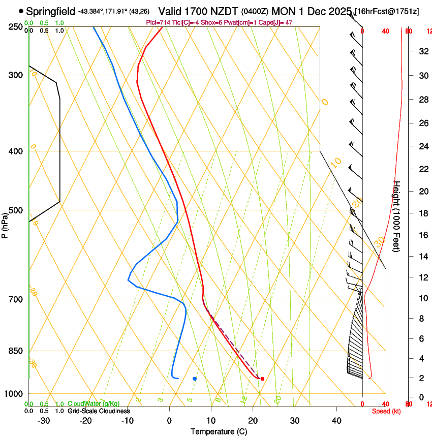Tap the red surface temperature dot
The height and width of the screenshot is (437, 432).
point(262,379)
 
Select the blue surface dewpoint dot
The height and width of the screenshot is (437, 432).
point(195,379)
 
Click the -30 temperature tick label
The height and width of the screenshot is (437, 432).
point(44,420)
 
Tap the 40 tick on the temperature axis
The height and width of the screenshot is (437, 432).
point(336,420)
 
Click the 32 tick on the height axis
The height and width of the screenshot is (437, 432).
point(422,51)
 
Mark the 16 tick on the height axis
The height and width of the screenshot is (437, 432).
point(422,235)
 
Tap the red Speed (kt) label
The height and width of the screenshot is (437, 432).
point(386,411)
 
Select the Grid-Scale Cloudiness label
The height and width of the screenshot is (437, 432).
point(99,411)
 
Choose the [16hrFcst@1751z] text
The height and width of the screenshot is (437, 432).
point(387,11)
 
